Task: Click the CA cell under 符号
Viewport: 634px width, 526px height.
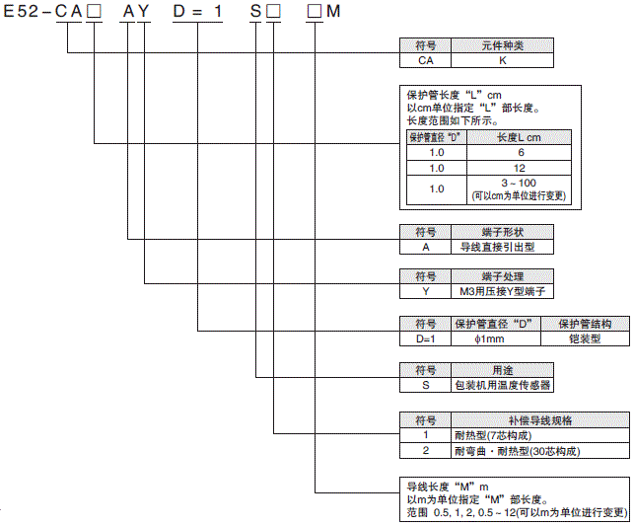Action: tap(426, 60)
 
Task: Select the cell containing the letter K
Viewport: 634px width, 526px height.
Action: tap(503, 60)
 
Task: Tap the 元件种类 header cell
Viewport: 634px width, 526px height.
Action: tap(503, 45)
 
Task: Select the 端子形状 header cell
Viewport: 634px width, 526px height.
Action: tap(500, 232)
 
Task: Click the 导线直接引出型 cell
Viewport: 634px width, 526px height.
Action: tap(500, 247)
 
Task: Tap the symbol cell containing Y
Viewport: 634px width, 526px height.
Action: tap(426, 292)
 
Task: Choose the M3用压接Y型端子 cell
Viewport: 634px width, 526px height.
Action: tap(500, 292)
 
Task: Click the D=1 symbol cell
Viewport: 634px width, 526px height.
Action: tap(426, 338)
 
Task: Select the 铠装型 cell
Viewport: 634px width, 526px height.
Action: tap(584, 338)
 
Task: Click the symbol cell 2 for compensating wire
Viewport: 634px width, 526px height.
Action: tap(426, 450)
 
